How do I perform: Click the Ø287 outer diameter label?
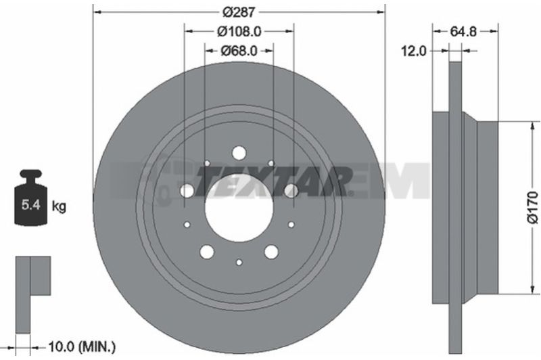coord(239,12)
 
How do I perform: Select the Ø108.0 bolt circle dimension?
coord(239,31)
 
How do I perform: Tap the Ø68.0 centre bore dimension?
coord(239,51)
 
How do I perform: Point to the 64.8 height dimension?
coord(463,31)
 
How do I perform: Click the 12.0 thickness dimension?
coord(413,51)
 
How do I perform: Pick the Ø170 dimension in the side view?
coord(534,208)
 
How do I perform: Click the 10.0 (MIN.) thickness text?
coord(82,346)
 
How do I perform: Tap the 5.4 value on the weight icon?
coord(30,204)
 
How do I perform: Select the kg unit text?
coord(59,206)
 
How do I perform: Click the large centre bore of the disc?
coord(239,208)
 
